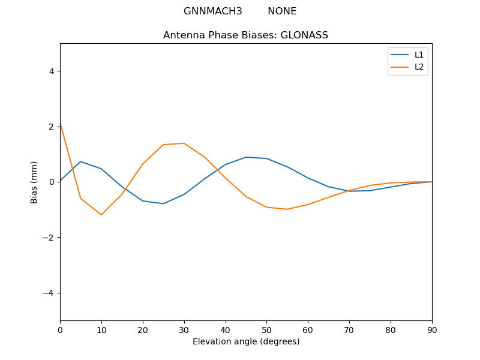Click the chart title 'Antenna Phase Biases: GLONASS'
coord(245,35)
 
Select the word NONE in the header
coord(282,11)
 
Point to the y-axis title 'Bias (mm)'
coord(35,182)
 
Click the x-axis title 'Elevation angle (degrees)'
coord(246,342)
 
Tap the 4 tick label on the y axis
coord(51,71)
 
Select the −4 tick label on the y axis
coord(49,293)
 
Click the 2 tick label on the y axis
coord(51,127)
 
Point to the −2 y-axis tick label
coord(49,238)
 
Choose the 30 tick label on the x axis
coord(184,329)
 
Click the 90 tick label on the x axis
coord(432,329)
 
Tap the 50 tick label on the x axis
coord(266,329)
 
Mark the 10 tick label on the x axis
coord(101,329)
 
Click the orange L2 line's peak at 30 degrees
coord(184,143)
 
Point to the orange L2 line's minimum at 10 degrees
coord(101,215)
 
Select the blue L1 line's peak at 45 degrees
coord(246,157)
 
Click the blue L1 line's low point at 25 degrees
coord(163,203)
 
